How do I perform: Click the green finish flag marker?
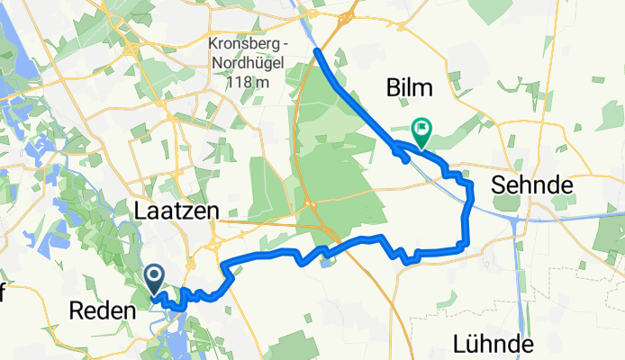[x=421, y=132]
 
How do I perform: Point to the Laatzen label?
[x=177, y=211]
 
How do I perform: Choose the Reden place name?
[x=101, y=310]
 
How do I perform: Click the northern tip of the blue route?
[x=317, y=52]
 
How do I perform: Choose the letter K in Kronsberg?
[x=213, y=43]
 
